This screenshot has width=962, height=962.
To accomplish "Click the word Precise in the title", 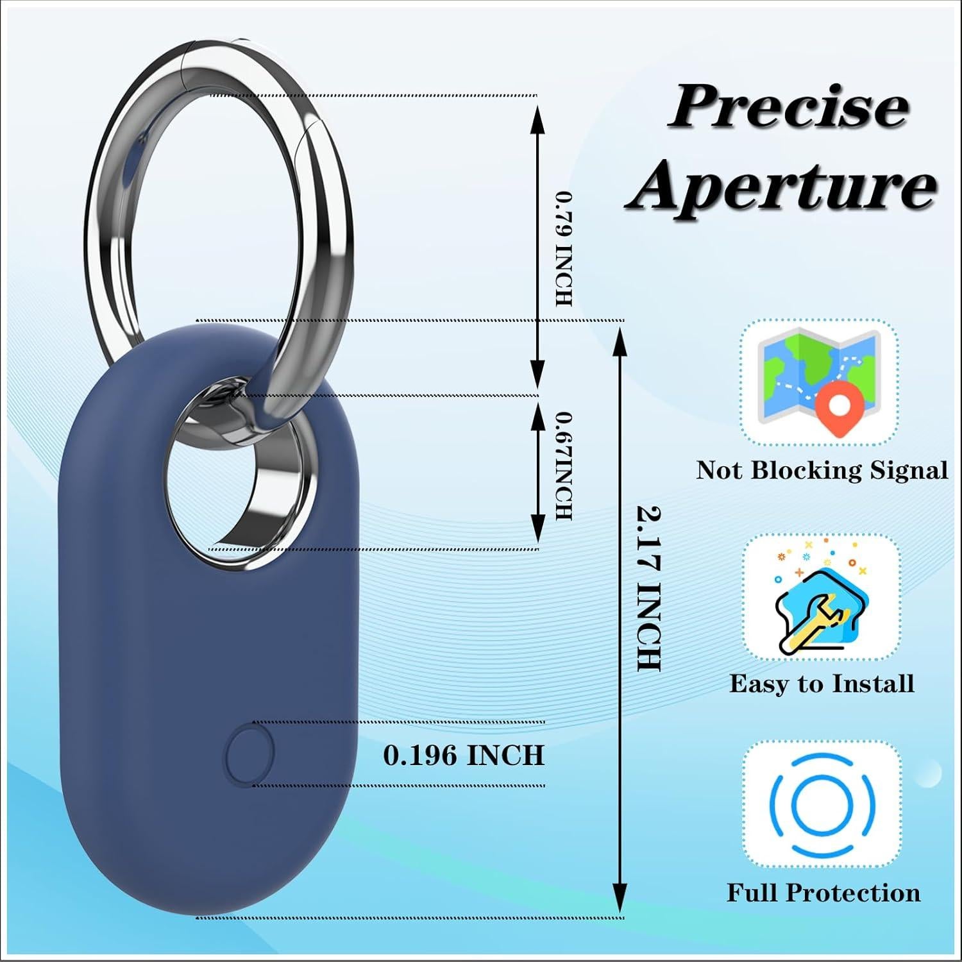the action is [x=788, y=107].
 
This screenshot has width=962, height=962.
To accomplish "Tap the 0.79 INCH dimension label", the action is [x=564, y=248].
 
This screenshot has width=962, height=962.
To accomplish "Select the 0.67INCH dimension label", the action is [x=563, y=466].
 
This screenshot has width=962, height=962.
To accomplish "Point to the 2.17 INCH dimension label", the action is [x=648, y=588].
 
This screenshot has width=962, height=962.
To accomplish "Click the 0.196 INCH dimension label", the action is [x=464, y=755].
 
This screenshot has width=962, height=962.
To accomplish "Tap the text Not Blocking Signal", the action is [x=822, y=470].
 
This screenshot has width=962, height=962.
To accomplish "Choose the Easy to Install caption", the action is [x=822, y=684].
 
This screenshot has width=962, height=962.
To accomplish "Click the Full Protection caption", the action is [x=823, y=893].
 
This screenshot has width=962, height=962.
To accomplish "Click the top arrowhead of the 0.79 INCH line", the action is [x=537, y=115].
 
